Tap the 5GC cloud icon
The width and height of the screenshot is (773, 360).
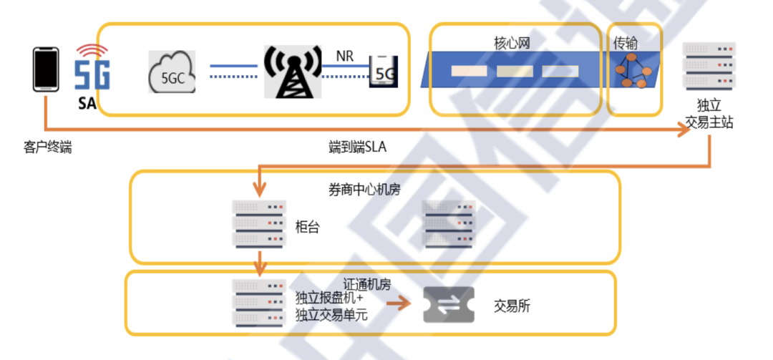(x=172, y=73)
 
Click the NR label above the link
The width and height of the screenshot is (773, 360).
(x=345, y=55)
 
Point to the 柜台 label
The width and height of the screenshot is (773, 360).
(x=308, y=227)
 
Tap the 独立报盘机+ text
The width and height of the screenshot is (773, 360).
(x=329, y=296)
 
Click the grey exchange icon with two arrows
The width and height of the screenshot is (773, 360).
(x=448, y=305)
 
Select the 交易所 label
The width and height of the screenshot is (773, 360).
(x=512, y=306)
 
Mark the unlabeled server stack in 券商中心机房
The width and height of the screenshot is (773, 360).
(x=448, y=223)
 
